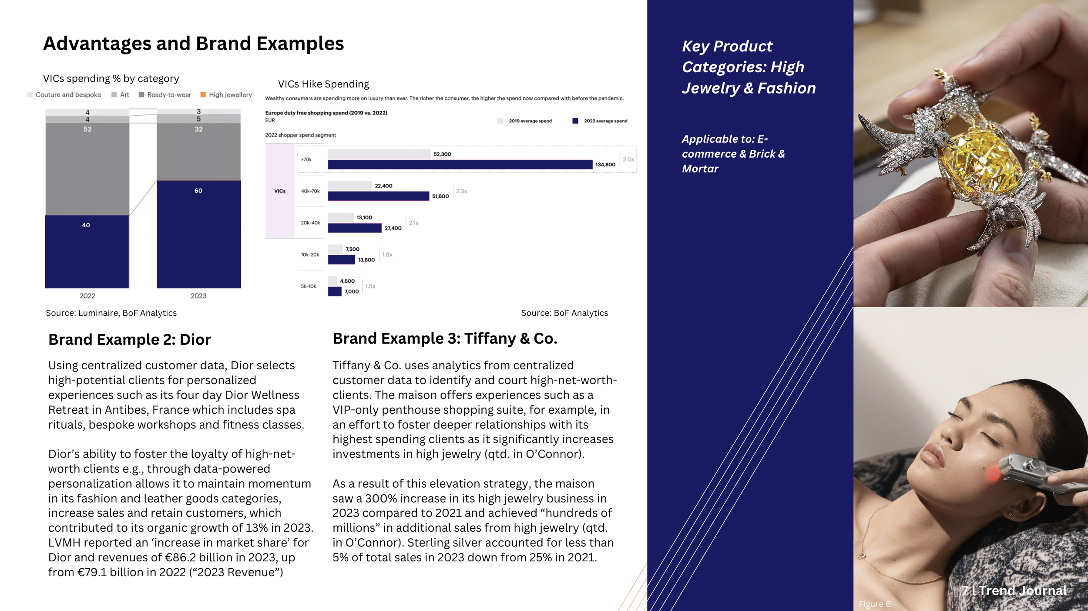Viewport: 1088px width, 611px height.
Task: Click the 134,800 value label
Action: point(605,165)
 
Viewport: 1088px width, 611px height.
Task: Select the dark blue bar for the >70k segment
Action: point(460,165)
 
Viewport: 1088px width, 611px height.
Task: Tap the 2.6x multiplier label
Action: point(628,159)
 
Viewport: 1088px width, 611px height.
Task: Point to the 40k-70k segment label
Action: point(310,191)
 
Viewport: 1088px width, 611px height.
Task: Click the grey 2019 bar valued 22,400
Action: point(349,186)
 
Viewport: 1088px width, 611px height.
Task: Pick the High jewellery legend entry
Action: point(226,95)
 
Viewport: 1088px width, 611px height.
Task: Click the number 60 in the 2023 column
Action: point(198,191)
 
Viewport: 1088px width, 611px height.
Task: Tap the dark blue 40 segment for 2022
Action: point(87,251)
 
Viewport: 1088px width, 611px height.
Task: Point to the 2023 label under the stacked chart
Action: point(198,296)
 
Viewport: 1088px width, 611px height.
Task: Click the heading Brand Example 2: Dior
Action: point(129,340)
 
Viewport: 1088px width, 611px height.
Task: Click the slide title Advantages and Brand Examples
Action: point(193,44)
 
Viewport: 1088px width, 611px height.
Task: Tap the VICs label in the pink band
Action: point(280,191)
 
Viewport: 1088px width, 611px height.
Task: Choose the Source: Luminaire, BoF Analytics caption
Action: point(111,313)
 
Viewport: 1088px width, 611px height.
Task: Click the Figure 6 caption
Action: point(874,604)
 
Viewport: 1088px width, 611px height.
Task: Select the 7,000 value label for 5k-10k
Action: point(352,292)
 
